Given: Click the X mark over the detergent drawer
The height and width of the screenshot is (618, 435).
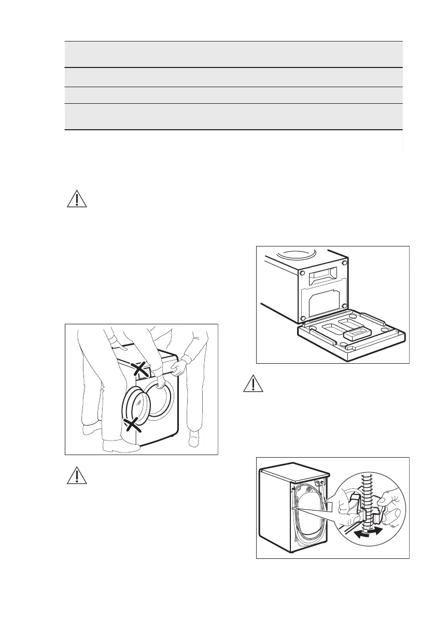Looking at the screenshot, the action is (x=139, y=369).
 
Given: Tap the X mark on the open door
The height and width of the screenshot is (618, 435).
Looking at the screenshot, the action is (x=133, y=425).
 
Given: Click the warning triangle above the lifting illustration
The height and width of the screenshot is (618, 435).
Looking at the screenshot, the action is (x=77, y=199).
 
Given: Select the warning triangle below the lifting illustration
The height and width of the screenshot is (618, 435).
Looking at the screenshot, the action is (x=77, y=475).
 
